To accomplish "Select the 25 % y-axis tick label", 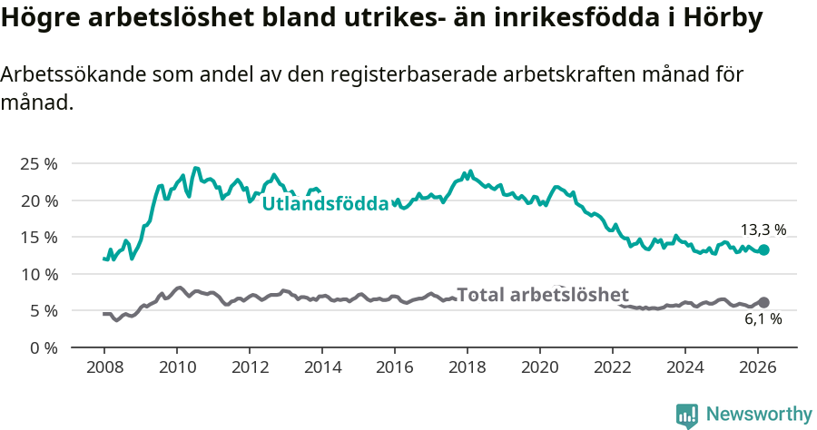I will (x=38, y=163).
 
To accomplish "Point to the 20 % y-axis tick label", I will (x=38, y=200).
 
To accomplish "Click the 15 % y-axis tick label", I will (x=38, y=237).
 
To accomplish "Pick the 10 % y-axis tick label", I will (x=38, y=274).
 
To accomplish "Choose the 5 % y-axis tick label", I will (x=43, y=310).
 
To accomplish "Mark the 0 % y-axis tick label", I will (x=43, y=347).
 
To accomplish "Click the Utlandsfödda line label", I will (x=325, y=204).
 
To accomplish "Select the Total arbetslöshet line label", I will (x=543, y=295).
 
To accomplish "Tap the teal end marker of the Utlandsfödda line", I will (x=764, y=249).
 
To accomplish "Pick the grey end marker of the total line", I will (x=764, y=302).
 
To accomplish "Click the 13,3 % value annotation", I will (x=763, y=230).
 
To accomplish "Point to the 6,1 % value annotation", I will (x=763, y=319).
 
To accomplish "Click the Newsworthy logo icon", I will (x=687, y=415).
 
